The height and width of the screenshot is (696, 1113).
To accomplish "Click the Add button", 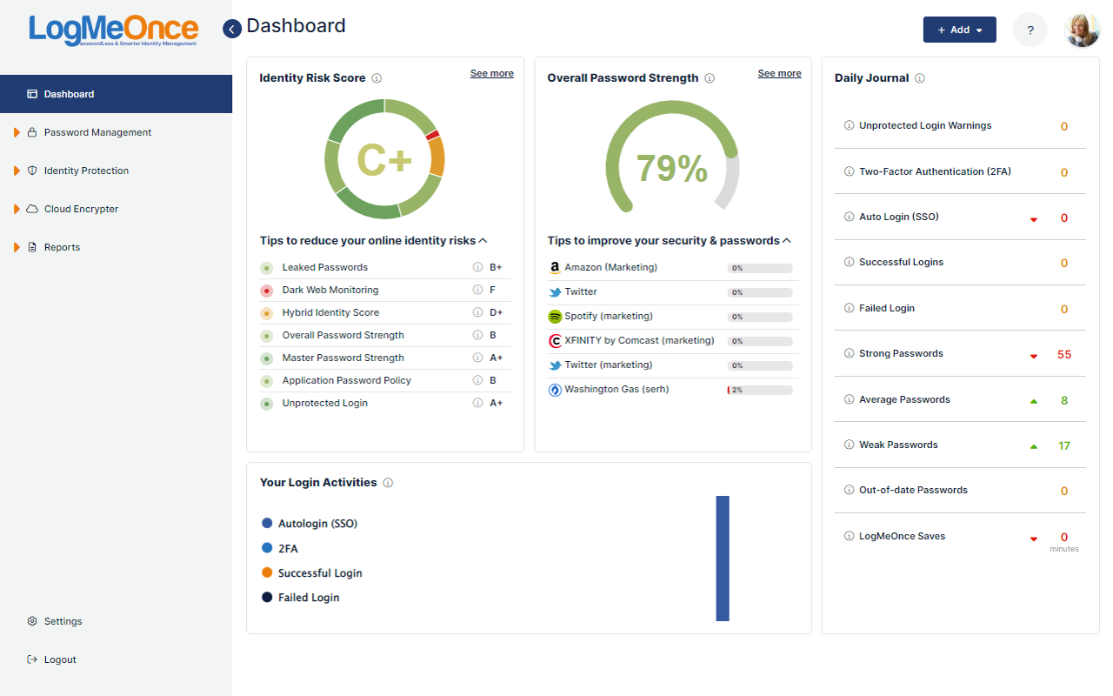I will (959, 30).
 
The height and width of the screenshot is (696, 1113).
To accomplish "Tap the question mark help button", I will (1030, 30).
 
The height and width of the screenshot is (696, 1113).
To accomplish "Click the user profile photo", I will (1082, 30).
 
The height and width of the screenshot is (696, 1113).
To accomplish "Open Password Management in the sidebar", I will (97, 132).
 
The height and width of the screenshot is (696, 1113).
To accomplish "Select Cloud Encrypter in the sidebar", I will (81, 209).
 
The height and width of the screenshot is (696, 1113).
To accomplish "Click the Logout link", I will (60, 659).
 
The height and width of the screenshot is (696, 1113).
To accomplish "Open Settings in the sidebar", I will (63, 621).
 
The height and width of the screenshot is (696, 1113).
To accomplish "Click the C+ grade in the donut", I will (384, 160).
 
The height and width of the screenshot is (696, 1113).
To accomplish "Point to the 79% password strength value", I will (671, 169).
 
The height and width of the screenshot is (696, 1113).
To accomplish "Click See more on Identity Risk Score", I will (492, 74).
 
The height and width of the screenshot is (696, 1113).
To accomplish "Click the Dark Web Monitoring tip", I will (330, 290).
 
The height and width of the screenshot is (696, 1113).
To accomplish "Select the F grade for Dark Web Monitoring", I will (493, 290).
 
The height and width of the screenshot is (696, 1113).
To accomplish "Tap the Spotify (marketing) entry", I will (608, 316).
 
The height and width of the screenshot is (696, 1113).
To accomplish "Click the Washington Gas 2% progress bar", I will (760, 390).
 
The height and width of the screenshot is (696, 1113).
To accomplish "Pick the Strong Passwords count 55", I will (1064, 354).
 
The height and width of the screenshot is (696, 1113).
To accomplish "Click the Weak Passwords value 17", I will (1064, 445).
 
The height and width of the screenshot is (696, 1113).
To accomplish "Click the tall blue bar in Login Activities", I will (723, 559).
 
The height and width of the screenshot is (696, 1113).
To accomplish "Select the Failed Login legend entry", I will (308, 598).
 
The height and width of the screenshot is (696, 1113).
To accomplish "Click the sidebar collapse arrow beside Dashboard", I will (232, 29).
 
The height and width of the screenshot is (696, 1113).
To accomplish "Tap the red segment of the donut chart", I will (432, 135).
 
